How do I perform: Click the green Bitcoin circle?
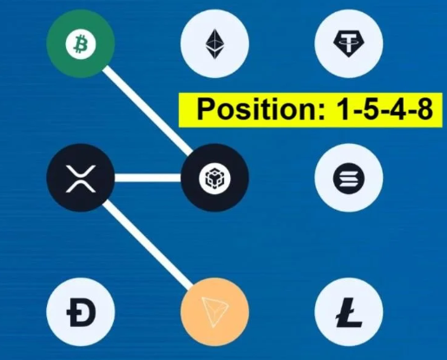[x=81, y=43]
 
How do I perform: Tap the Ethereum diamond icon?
[x=214, y=44]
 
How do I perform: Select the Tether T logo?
[x=349, y=43]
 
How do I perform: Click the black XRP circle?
[x=81, y=178]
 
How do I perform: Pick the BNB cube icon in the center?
[x=214, y=178]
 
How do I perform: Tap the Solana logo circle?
[x=349, y=178]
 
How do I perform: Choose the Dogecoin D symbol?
[x=81, y=312]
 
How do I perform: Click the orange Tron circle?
[x=214, y=312]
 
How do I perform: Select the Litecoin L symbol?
[x=349, y=312]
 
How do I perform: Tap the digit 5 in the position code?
[x=369, y=110]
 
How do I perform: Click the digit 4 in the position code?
[x=397, y=110]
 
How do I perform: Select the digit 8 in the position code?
[x=424, y=110]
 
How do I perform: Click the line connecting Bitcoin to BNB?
[x=148, y=111]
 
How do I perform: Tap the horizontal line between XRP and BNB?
[x=148, y=178]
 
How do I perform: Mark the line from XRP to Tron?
[x=148, y=245]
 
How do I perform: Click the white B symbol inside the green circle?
[x=81, y=44]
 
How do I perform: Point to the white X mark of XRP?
[x=81, y=179]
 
